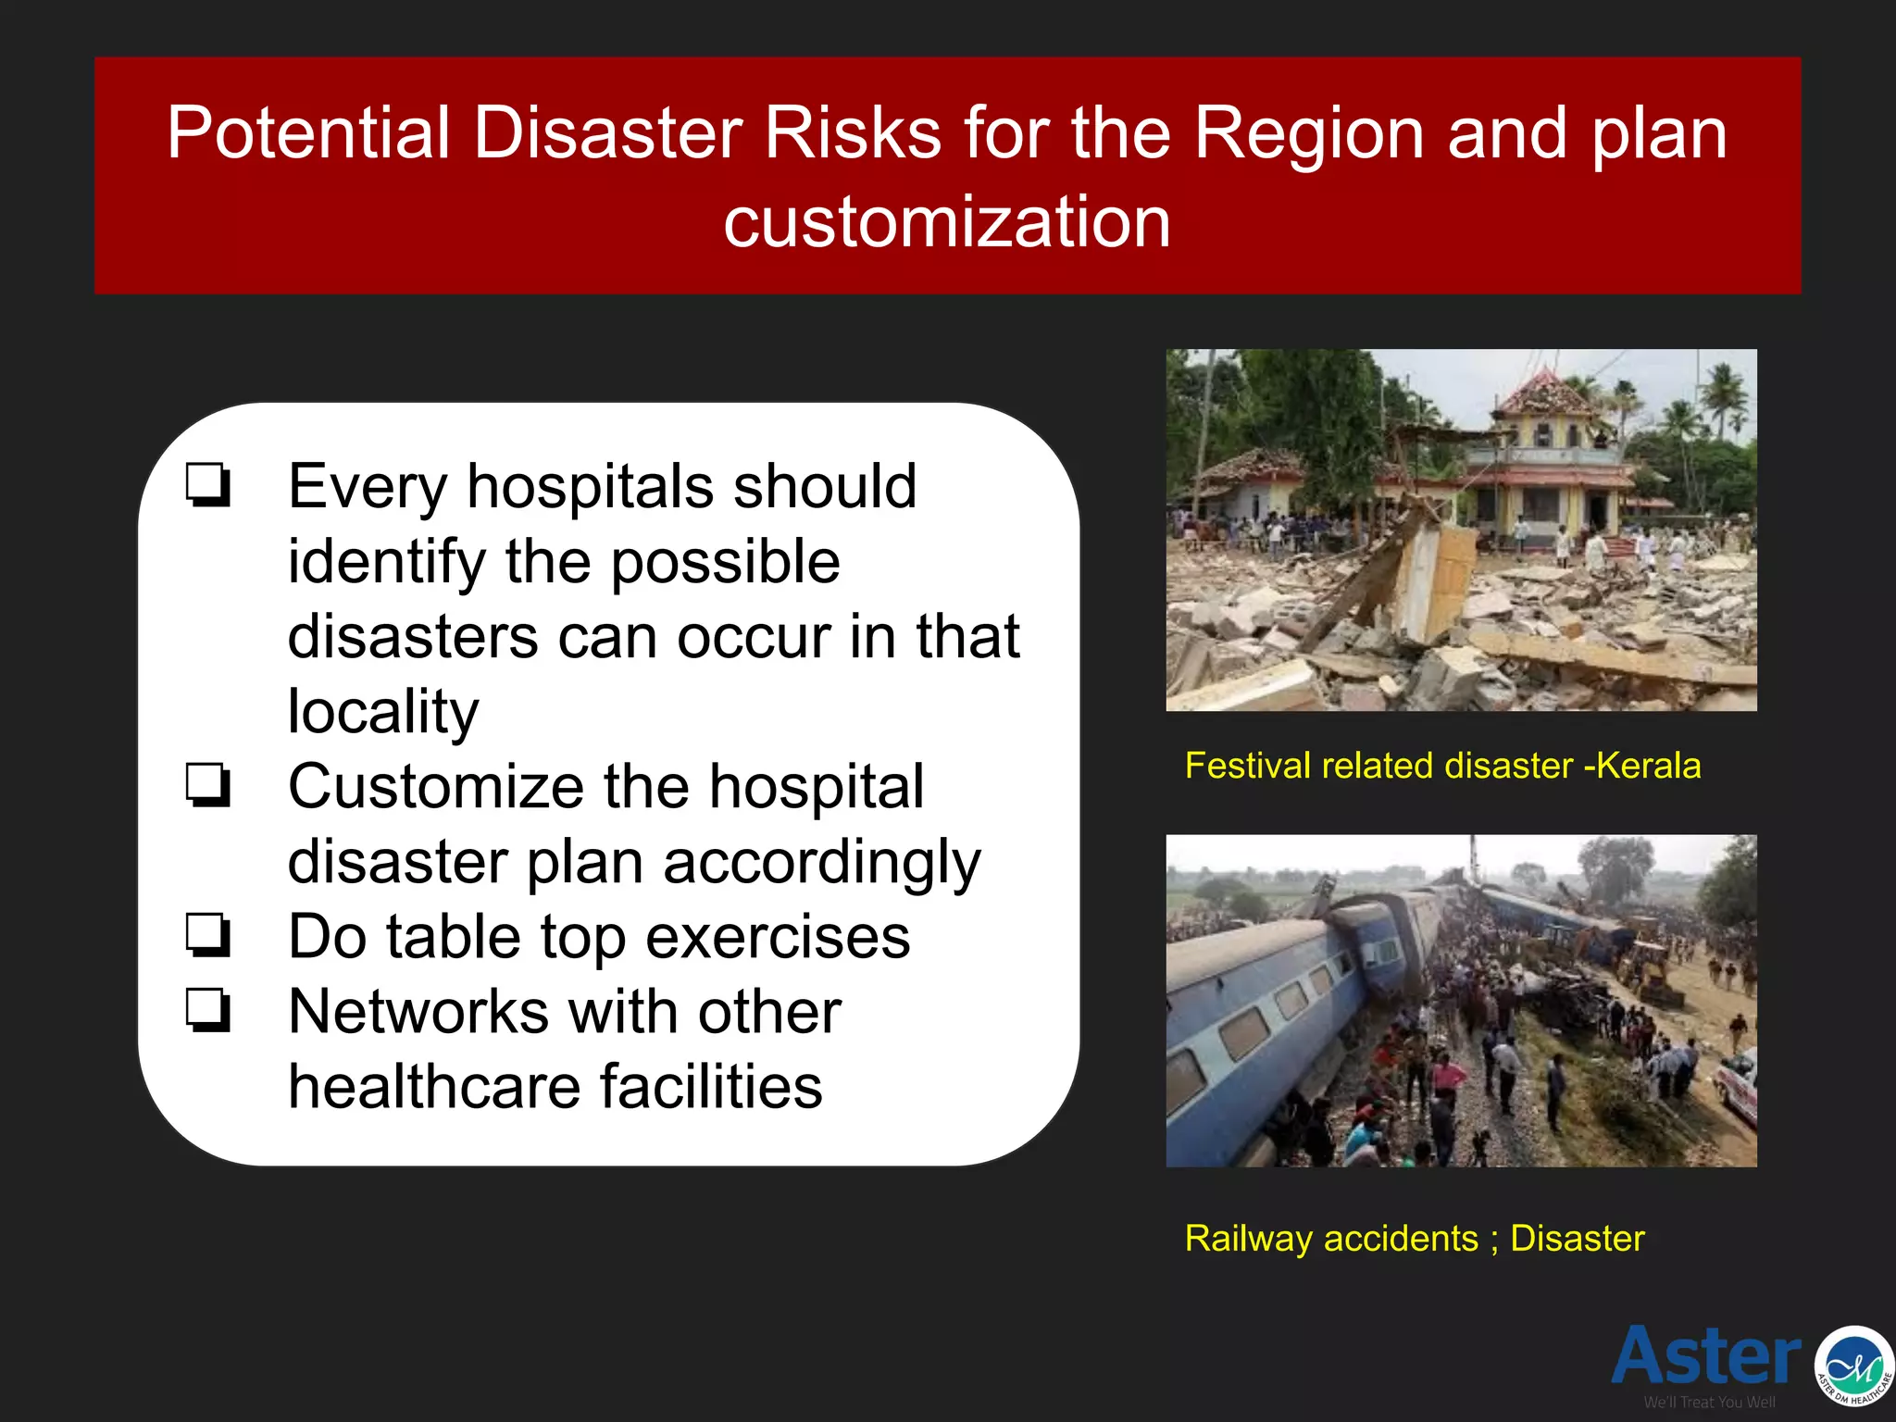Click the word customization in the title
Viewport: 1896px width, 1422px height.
coord(947,222)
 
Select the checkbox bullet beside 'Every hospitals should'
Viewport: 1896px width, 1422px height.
coord(207,485)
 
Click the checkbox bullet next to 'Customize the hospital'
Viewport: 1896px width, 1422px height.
coord(207,785)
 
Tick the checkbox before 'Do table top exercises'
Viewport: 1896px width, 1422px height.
coord(207,935)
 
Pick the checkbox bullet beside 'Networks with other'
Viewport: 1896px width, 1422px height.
coord(207,1010)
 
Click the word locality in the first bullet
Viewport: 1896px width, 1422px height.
coord(383,711)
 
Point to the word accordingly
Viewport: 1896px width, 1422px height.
coord(821,862)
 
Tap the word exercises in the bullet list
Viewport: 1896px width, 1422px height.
coord(778,937)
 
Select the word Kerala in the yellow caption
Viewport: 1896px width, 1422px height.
coord(1648,766)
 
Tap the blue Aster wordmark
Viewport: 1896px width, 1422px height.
coord(1705,1356)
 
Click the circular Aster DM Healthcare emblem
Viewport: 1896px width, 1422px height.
coord(1854,1366)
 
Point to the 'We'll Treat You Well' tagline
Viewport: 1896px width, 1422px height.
coord(1709,1403)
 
